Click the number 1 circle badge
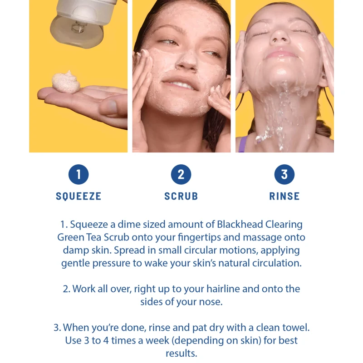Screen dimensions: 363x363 (x=78, y=174)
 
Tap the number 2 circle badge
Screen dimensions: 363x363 (x=181, y=174)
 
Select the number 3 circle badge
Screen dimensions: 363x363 (x=285, y=174)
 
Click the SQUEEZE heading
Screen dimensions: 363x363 (x=78, y=196)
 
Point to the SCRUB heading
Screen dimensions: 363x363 (x=181, y=196)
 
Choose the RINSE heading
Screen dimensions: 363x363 (x=285, y=196)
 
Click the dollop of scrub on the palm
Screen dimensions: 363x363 (x=66, y=82)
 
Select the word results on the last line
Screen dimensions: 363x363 (x=181, y=353)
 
